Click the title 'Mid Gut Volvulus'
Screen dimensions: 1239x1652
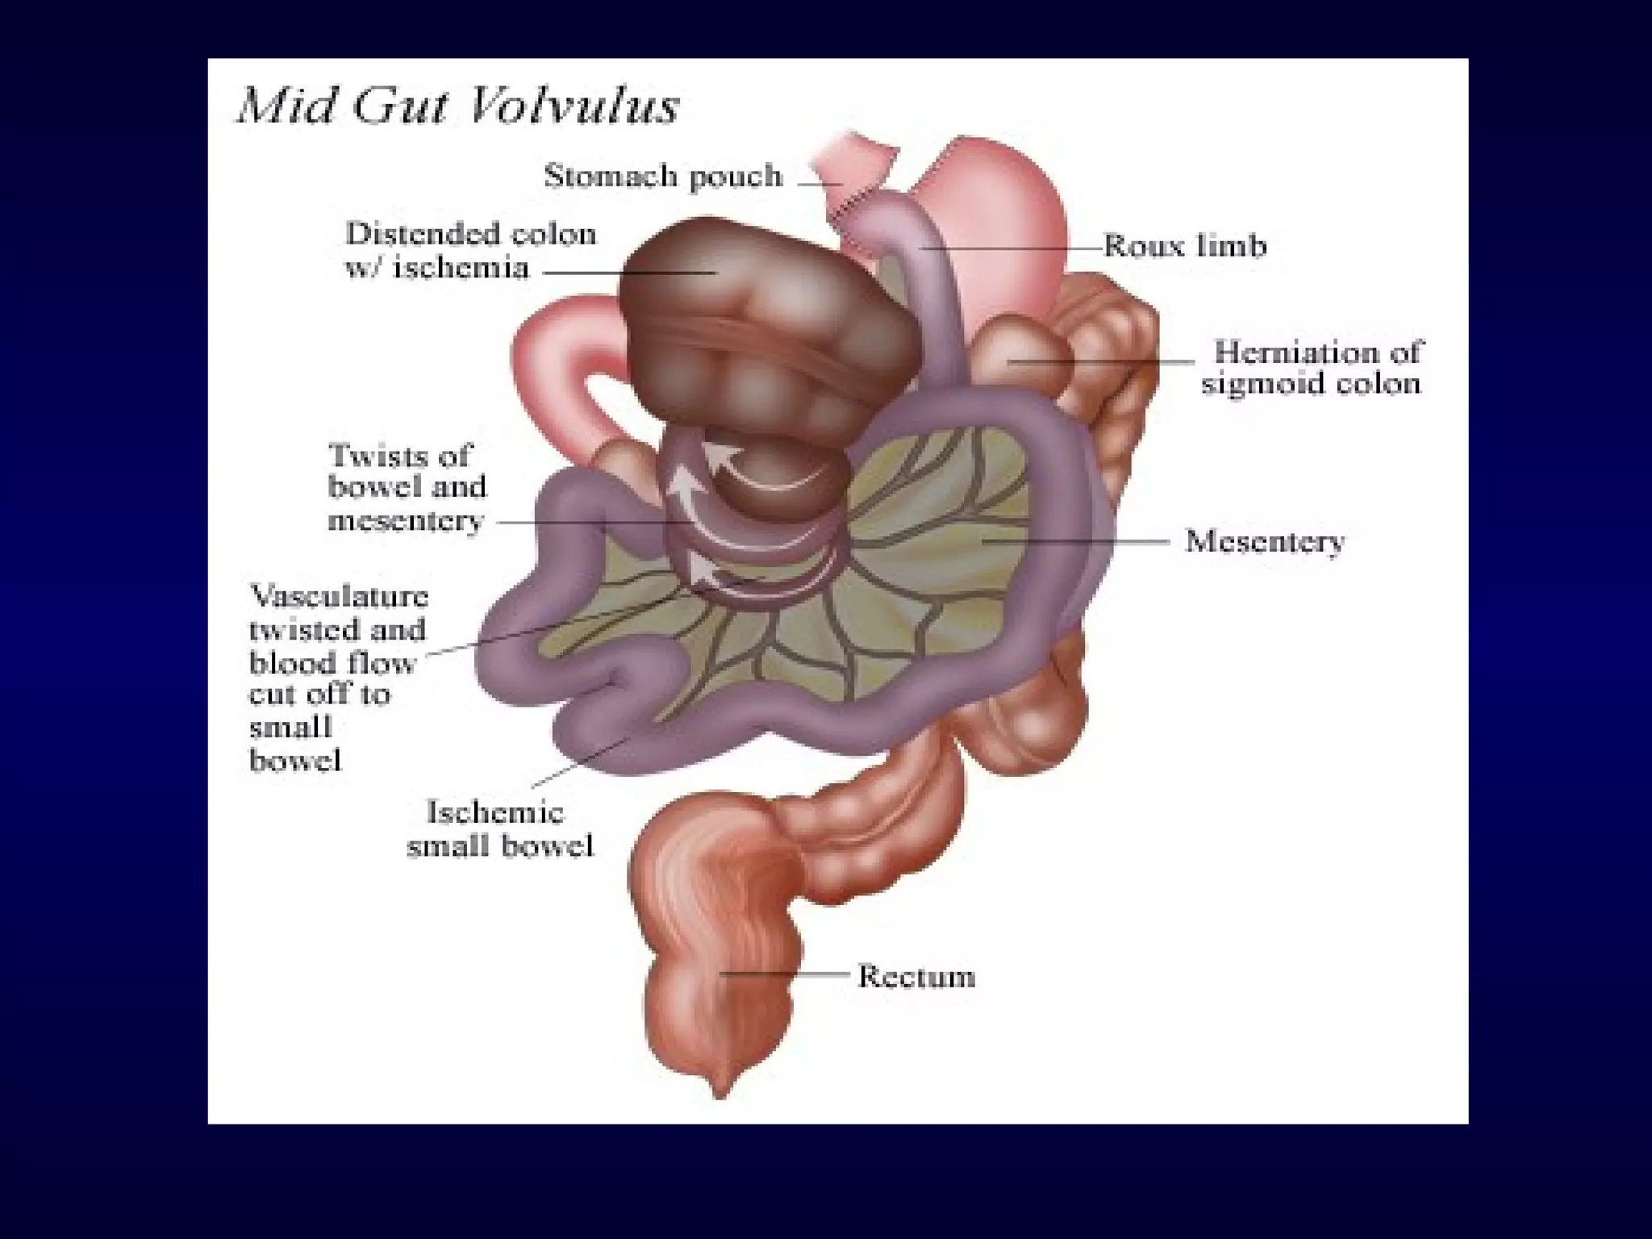tap(457, 106)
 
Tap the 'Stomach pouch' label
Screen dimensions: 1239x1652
tap(663, 176)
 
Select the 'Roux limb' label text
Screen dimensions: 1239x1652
tap(1184, 245)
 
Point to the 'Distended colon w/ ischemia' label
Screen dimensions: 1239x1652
tap(471, 250)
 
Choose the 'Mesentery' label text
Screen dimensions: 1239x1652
tap(1264, 541)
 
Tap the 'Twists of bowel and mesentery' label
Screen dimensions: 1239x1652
tap(407, 487)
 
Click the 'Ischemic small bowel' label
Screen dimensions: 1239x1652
tap(499, 828)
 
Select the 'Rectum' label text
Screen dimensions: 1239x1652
tap(916, 976)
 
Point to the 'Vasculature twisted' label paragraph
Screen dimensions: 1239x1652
tap(338, 678)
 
